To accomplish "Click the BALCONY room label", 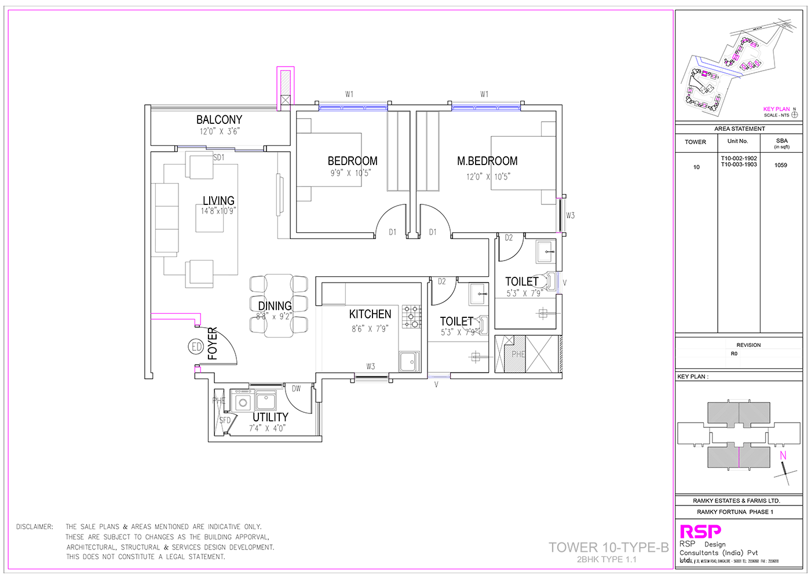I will coord(219,120).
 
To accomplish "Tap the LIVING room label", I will coord(218,201).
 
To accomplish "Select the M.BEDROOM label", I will coord(487,161).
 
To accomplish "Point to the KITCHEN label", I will coord(370,314).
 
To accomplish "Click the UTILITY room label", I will coord(270,417).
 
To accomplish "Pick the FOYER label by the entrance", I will coord(213,343).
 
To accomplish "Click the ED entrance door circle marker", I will coord(196,347).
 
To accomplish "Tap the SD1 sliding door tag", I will coord(219,157).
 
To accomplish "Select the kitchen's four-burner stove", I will coord(412,317).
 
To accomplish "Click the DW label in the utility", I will coord(296,389).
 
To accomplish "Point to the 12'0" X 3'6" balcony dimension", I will coord(219,131).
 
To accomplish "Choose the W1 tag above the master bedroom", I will coord(484,94).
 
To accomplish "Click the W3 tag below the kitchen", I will coord(370,367).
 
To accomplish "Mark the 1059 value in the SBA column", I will coord(781,165).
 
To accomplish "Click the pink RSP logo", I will coord(700,531).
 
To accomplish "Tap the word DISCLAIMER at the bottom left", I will coord(35,527).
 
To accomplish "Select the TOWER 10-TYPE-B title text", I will coord(608,547).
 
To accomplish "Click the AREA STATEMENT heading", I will coord(739,129).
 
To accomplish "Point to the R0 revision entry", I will coord(734,354).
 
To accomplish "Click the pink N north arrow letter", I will coord(783,456).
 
